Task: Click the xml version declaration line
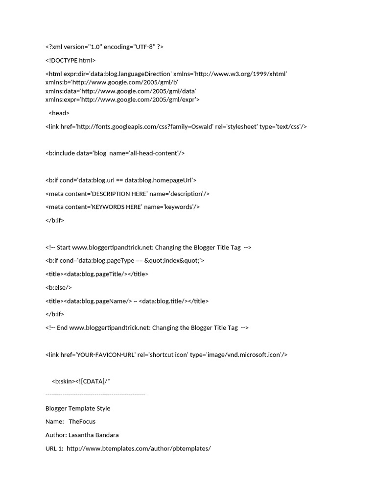(x=104, y=47)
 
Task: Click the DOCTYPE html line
(x=70, y=60)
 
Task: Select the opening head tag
(x=59, y=113)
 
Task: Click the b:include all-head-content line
(x=115, y=153)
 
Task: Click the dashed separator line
(x=95, y=394)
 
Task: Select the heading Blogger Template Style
(x=78, y=408)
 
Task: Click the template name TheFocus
(x=82, y=422)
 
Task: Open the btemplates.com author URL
(x=139, y=449)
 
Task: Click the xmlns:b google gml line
(x=112, y=82)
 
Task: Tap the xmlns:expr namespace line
(x=122, y=100)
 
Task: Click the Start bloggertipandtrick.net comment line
(x=148, y=248)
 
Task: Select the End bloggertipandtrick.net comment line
(x=147, y=327)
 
